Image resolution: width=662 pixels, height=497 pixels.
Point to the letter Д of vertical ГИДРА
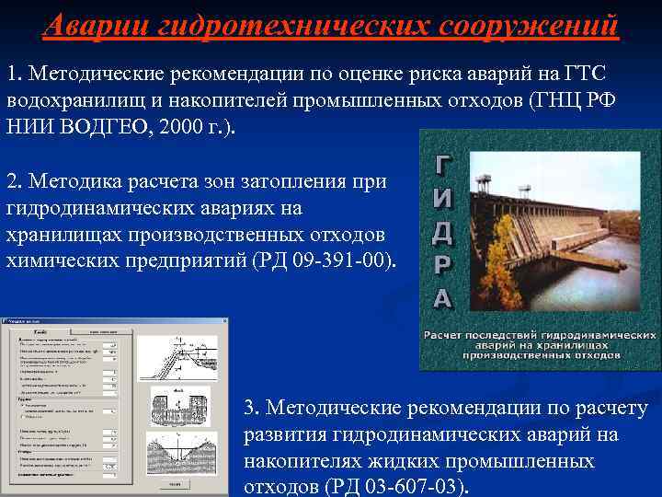[442, 234]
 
